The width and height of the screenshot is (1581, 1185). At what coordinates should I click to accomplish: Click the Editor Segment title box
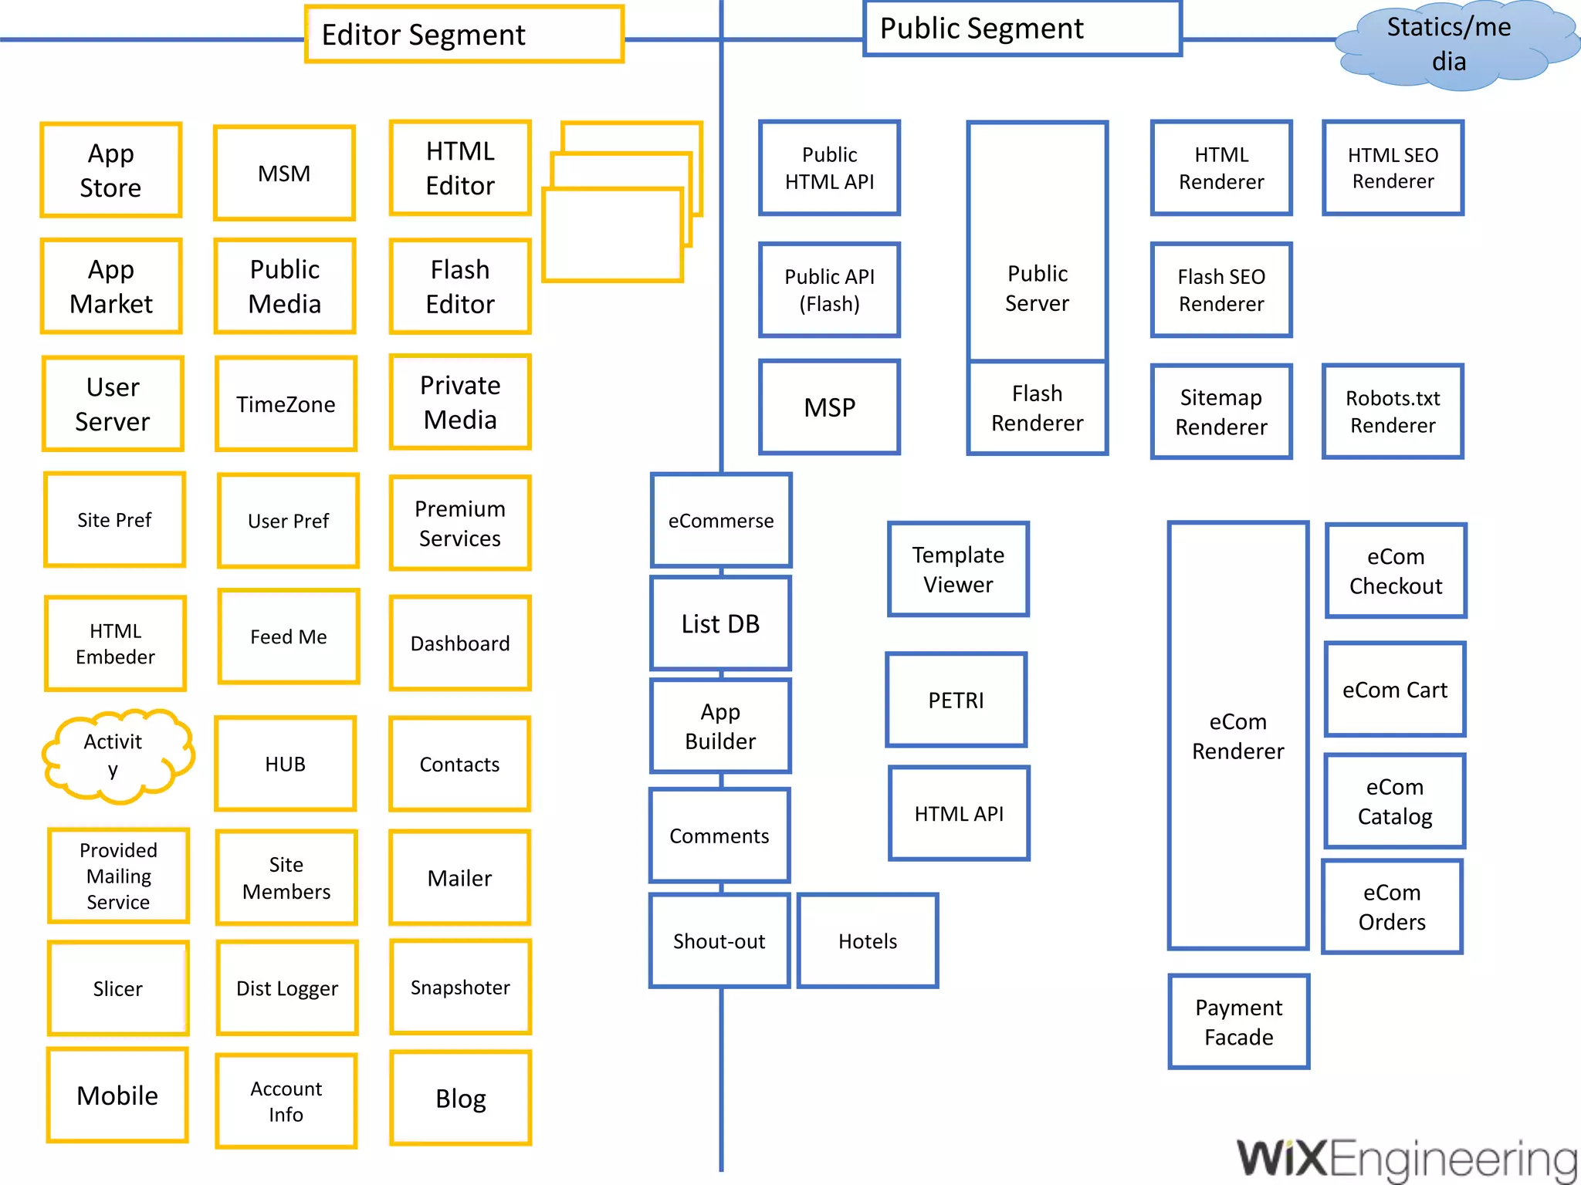click(x=464, y=34)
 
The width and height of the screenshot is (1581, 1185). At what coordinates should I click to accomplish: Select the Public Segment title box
click(x=1021, y=29)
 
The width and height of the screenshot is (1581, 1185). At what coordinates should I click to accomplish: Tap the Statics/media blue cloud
click(x=1448, y=45)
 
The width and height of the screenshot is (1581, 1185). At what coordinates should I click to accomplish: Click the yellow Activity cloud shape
click(x=116, y=755)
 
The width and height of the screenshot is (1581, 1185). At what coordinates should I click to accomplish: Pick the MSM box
click(x=284, y=173)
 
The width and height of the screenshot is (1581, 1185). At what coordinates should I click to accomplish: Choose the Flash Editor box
click(x=460, y=286)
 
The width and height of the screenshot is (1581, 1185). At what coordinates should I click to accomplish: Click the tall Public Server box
click(x=1037, y=241)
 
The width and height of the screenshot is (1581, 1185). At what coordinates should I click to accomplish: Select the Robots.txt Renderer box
click(x=1393, y=411)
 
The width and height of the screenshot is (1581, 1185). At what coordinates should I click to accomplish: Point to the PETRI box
click(x=956, y=700)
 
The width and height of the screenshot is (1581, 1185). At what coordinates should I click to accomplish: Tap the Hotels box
click(x=868, y=940)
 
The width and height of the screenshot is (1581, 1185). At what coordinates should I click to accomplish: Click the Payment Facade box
click(x=1238, y=1021)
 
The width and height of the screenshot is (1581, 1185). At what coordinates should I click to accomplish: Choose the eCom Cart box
click(x=1394, y=689)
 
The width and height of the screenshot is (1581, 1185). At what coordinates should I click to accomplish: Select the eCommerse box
click(x=720, y=521)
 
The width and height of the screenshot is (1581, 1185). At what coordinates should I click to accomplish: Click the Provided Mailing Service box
click(x=118, y=876)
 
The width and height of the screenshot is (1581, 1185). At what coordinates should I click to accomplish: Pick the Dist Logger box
click(x=286, y=988)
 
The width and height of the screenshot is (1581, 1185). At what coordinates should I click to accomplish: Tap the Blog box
click(x=460, y=1098)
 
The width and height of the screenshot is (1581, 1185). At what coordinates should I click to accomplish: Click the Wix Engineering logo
click(x=1406, y=1158)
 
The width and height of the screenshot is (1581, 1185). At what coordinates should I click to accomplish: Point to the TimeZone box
click(x=286, y=403)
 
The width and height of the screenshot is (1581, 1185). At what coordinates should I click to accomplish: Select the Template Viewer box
click(x=958, y=569)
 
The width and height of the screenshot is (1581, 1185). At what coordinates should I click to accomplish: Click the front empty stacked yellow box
click(x=612, y=235)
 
